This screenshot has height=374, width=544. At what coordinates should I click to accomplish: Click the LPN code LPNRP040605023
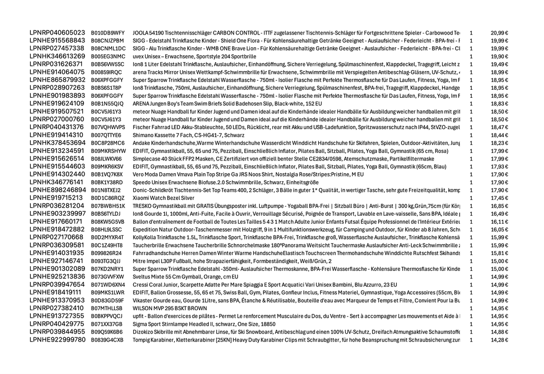[x=57, y=32]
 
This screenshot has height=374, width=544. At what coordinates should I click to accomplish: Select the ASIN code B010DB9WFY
[x=108, y=33]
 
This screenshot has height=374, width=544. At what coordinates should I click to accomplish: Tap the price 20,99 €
[x=499, y=33]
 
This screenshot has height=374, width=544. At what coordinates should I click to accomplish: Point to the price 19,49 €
[x=499, y=64]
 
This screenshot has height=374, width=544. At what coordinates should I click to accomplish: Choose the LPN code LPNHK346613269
[x=57, y=56]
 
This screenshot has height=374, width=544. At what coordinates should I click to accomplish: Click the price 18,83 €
[x=499, y=104]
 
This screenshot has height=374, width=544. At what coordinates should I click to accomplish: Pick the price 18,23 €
[x=499, y=143]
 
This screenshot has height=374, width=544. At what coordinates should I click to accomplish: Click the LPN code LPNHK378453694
[x=57, y=143]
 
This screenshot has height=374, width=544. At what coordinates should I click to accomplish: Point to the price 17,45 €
[x=499, y=198]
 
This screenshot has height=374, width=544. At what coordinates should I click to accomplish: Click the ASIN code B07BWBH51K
[x=108, y=206]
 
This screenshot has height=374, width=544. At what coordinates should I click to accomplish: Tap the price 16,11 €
[x=499, y=222]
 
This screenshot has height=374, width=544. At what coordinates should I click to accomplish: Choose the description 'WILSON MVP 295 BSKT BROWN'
[x=170, y=308]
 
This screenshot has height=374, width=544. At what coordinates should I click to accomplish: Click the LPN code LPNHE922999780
[x=57, y=339]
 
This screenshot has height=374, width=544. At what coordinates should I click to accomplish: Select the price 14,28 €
[x=499, y=339]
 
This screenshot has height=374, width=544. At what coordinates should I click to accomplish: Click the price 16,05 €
[x=499, y=229]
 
